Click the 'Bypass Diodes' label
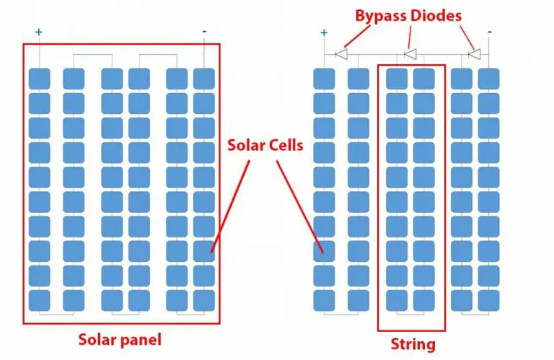pyautogui.click(x=408, y=14)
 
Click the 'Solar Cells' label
pyautogui.click(x=265, y=145)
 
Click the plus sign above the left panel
pyautogui.click(x=38, y=32)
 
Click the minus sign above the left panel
pyautogui.click(x=204, y=32)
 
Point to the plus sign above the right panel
pyautogui.click(x=324, y=32)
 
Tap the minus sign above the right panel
pyautogui.click(x=490, y=32)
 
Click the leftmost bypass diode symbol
pyautogui.click(x=342, y=53)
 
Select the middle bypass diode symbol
pyautogui.click(x=410, y=53)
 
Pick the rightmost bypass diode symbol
pyautogui.click(x=475, y=53)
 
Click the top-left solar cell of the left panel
pyautogui.click(x=39, y=79)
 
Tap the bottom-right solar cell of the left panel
pyautogui.click(x=204, y=300)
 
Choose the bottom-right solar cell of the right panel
pyautogui.click(x=489, y=300)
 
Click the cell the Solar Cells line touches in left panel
pyautogui.click(x=204, y=251)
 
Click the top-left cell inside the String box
pyautogui.click(x=396, y=79)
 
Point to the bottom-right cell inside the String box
pyautogui.click(x=424, y=300)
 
